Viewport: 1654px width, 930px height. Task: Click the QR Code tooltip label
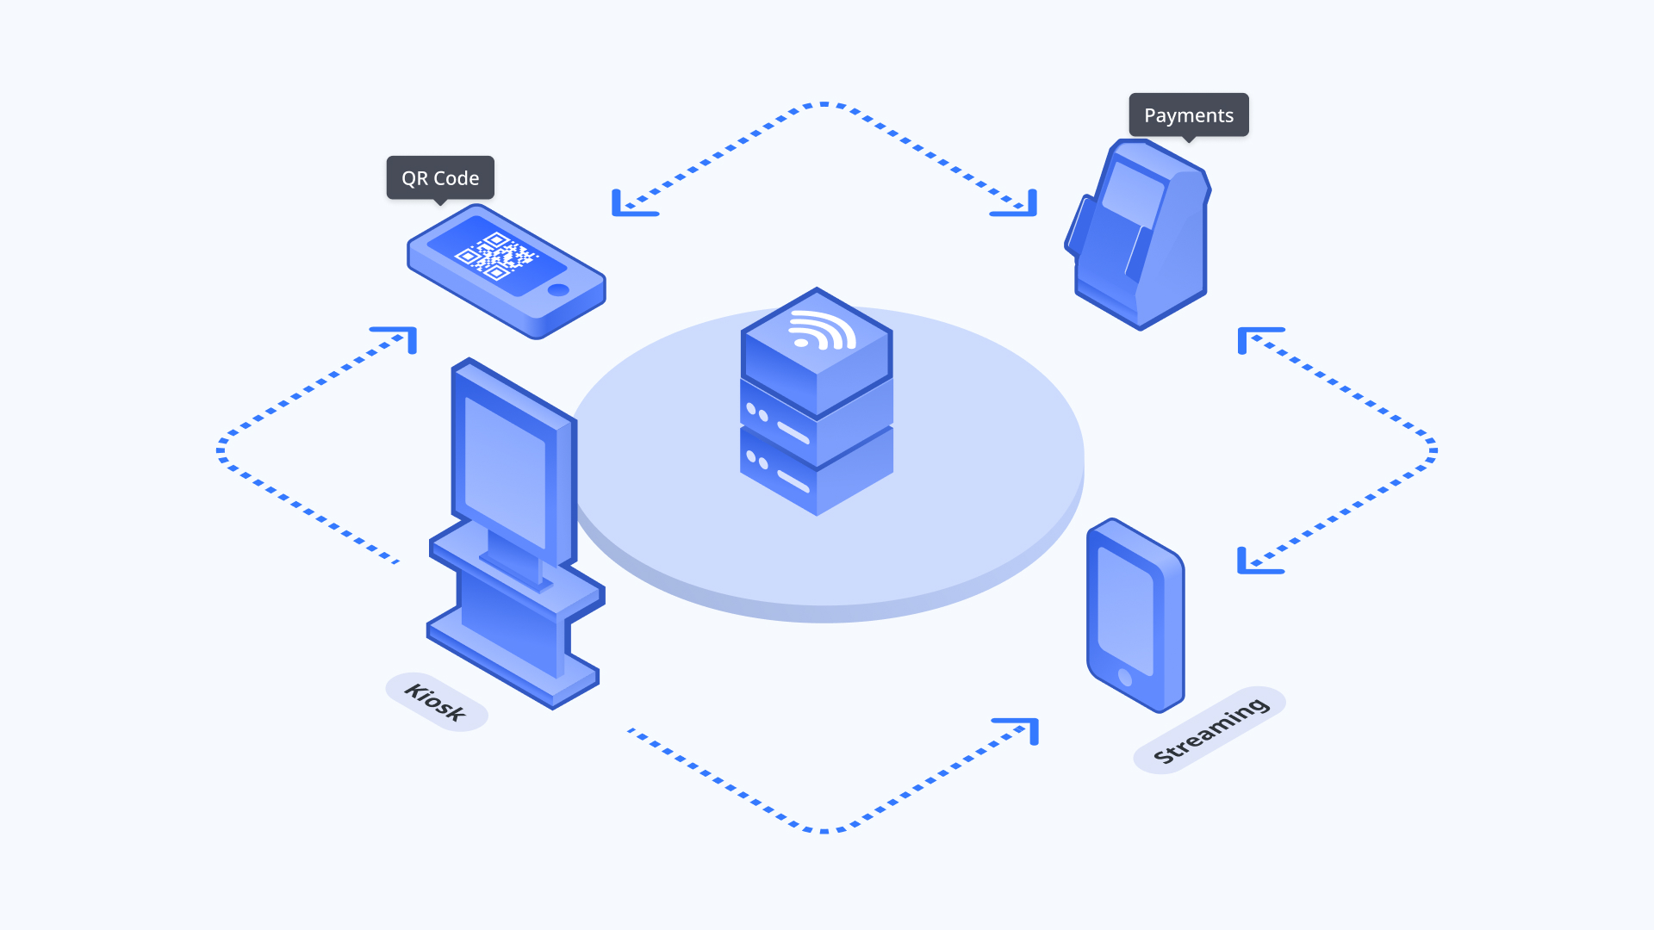(x=440, y=178)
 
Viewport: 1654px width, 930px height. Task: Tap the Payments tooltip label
(x=1188, y=115)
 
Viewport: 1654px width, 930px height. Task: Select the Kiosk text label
(x=436, y=702)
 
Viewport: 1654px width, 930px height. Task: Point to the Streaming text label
(x=1209, y=730)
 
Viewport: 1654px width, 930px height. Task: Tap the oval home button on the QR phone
(x=558, y=289)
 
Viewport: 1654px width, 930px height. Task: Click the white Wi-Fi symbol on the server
(x=820, y=332)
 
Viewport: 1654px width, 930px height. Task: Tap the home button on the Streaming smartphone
(x=1124, y=676)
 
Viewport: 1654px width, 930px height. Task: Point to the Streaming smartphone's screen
(x=1125, y=610)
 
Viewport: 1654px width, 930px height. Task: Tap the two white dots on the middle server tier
(x=757, y=412)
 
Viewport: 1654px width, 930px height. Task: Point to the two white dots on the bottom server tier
(x=756, y=460)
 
